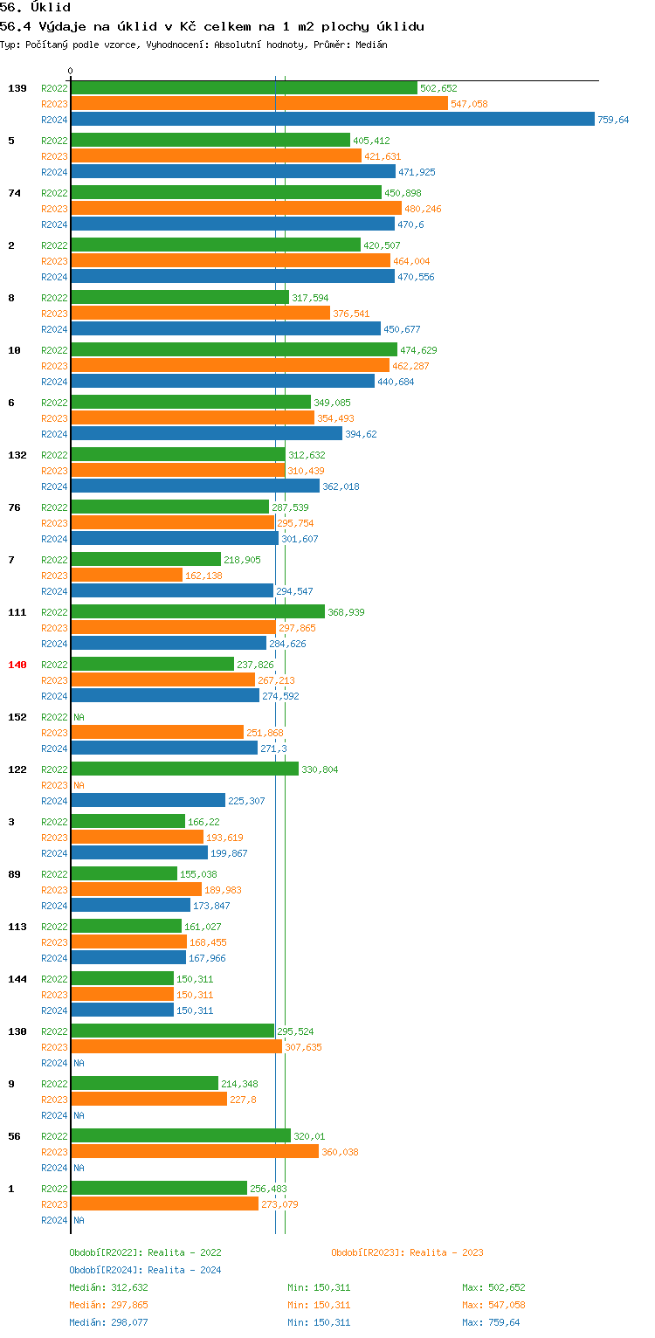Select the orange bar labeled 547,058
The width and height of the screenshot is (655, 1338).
click(259, 104)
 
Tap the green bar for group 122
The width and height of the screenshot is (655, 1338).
click(184, 769)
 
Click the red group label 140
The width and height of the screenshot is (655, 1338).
click(17, 665)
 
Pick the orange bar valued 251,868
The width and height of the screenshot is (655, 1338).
click(157, 733)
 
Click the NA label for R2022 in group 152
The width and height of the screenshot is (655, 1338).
click(79, 717)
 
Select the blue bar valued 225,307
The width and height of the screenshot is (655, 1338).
click(148, 801)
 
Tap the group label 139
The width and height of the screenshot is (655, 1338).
click(17, 88)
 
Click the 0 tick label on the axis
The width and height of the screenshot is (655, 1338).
click(71, 71)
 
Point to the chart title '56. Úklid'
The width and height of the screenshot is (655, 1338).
click(35, 8)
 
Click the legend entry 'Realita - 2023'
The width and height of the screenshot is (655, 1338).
click(407, 1252)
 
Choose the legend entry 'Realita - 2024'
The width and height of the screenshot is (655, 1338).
click(145, 1270)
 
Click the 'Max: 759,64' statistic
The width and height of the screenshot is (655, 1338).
click(491, 1322)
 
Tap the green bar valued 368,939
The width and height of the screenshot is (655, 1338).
click(197, 612)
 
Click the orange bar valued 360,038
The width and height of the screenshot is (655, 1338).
click(195, 1152)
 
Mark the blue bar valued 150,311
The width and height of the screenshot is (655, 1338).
click(122, 1010)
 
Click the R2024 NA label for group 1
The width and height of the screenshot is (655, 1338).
click(79, 1220)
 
